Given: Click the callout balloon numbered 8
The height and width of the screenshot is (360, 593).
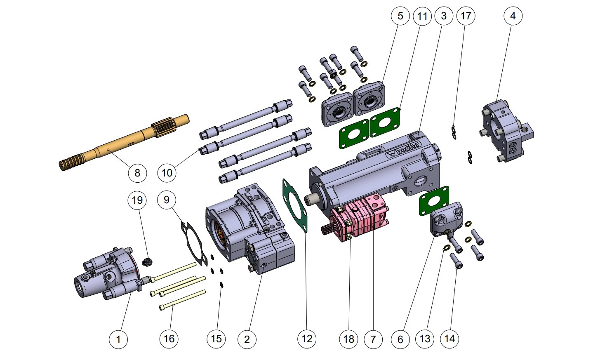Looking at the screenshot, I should point(137,172).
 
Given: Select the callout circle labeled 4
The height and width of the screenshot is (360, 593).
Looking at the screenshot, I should point(513,16).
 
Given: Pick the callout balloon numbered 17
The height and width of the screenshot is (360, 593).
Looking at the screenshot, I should point(466,16).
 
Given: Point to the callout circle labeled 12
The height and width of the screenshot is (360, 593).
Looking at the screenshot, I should point(306,339).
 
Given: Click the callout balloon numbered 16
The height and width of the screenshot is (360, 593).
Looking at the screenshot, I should point(169,339).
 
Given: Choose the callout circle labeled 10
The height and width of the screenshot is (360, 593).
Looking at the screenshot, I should point(167,172).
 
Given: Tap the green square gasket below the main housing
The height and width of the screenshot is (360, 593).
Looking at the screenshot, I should point(433,200).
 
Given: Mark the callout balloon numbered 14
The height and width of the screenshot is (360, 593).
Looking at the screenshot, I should point(449,339).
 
